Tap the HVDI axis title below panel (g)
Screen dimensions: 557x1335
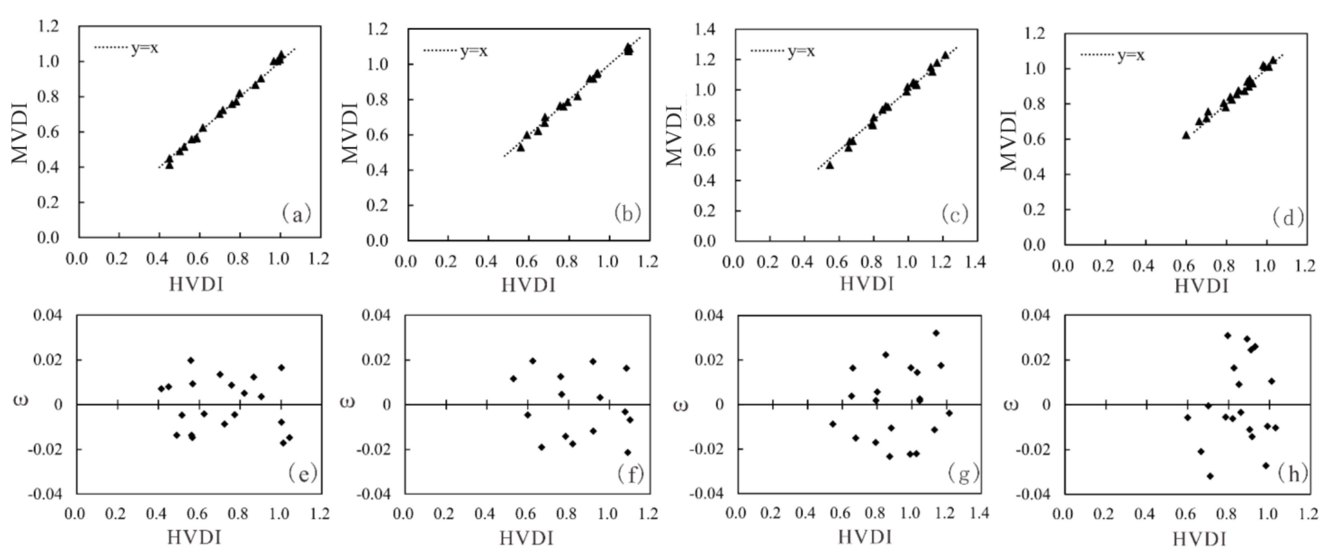tap(865, 537)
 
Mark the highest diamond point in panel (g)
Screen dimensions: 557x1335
tap(936, 333)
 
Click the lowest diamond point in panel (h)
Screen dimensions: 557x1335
tap(1210, 476)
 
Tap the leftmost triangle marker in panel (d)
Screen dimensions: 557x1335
tap(1186, 135)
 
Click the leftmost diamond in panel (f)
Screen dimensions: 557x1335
tap(513, 378)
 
